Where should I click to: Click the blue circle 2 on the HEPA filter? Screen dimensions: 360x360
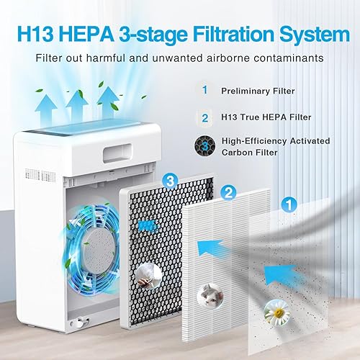(228, 192)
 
